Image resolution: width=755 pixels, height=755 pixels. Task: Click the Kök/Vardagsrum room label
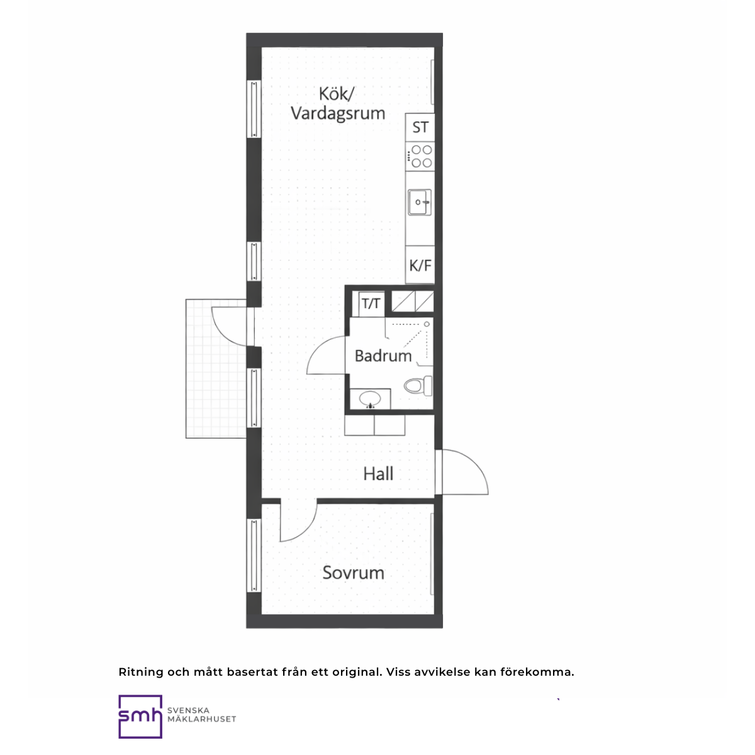click(338, 104)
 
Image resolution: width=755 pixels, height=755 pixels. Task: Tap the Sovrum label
click(353, 573)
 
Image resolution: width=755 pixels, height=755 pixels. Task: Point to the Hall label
click(378, 474)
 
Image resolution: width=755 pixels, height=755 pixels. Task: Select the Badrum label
click(383, 355)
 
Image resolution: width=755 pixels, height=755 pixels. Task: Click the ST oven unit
click(420, 127)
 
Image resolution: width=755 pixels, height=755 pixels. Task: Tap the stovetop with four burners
click(420, 156)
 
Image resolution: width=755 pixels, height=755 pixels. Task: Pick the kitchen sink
click(420, 202)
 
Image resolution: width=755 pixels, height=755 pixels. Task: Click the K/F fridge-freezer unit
click(420, 265)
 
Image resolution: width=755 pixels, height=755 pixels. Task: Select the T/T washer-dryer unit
click(371, 304)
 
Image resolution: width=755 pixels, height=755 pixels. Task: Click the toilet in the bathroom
click(418, 386)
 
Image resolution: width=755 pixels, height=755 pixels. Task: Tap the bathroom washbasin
click(370, 400)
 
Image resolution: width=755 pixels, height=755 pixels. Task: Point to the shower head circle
click(427, 324)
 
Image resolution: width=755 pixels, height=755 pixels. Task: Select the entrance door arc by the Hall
click(475, 462)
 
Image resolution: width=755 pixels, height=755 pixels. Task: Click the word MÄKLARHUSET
click(202, 719)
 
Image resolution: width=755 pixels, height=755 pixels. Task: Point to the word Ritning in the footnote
click(141, 673)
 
